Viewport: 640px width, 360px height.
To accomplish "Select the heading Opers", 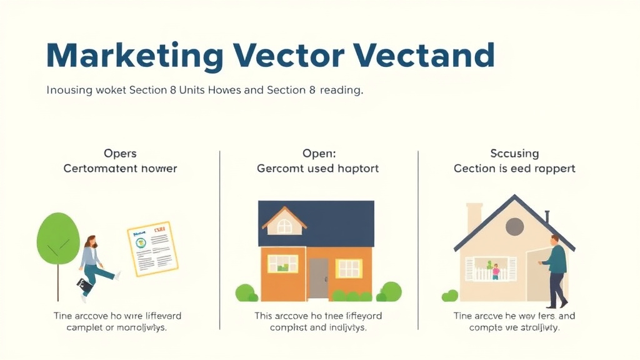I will (x=120, y=153).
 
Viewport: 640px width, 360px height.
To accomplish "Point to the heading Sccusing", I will (x=514, y=153).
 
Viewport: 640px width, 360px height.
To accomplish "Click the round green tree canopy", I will (x=58, y=238).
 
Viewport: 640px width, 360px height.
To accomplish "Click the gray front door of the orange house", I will (x=318, y=278).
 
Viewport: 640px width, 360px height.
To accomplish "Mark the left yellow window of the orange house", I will (x=282, y=264).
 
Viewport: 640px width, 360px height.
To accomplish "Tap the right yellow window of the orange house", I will (x=349, y=268).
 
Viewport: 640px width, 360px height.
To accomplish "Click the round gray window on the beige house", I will (x=514, y=227).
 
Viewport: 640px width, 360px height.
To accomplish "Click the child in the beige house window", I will (x=496, y=271).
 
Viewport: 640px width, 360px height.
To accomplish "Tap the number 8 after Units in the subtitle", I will (x=172, y=90).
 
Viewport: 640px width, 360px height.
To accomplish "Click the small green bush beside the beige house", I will (x=449, y=296).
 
